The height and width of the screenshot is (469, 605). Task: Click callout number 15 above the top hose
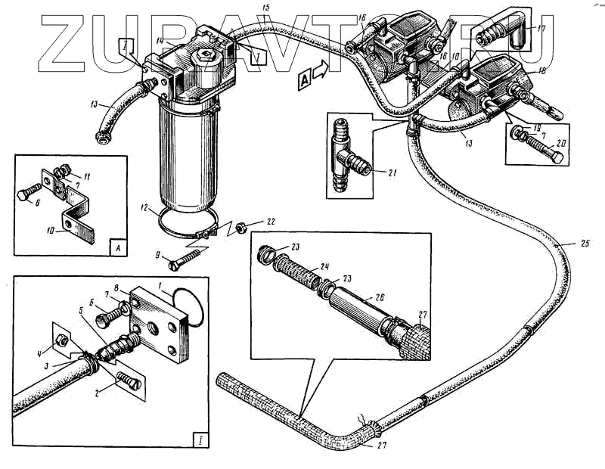[265, 7]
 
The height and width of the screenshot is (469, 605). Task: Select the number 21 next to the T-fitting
[392, 173]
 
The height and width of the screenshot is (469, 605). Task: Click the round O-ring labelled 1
[188, 303]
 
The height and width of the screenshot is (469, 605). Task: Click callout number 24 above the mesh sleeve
[326, 266]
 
